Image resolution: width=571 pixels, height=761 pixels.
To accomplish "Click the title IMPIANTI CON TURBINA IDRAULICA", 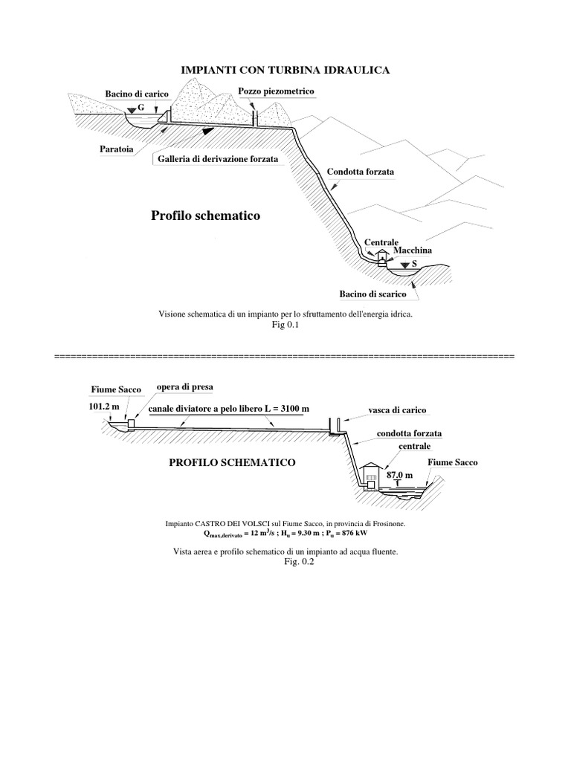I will click(x=285, y=70).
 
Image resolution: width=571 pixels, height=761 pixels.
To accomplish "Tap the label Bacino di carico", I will click(x=137, y=94).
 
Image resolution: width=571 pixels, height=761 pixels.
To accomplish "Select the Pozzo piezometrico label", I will click(x=277, y=91).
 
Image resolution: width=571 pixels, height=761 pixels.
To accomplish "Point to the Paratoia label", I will click(x=117, y=149).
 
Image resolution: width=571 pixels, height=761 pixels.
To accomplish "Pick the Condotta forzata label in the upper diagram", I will click(x=360, y=172).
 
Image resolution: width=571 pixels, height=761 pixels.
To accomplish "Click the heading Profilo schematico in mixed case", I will click(x=206, y=216).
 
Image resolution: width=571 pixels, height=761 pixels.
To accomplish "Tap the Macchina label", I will click(x=407, y=251).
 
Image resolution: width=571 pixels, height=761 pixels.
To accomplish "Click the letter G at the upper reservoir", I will click(x=141, y=109).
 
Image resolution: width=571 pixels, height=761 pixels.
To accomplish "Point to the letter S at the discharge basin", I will click(x=413, y=264).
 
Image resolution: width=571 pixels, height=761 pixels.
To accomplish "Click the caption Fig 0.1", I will click(x=285, y=325).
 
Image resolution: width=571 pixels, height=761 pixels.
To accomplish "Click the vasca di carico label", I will click(x=397, y=410).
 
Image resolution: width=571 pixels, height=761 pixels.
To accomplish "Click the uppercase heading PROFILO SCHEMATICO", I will click(x=233, y=462).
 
